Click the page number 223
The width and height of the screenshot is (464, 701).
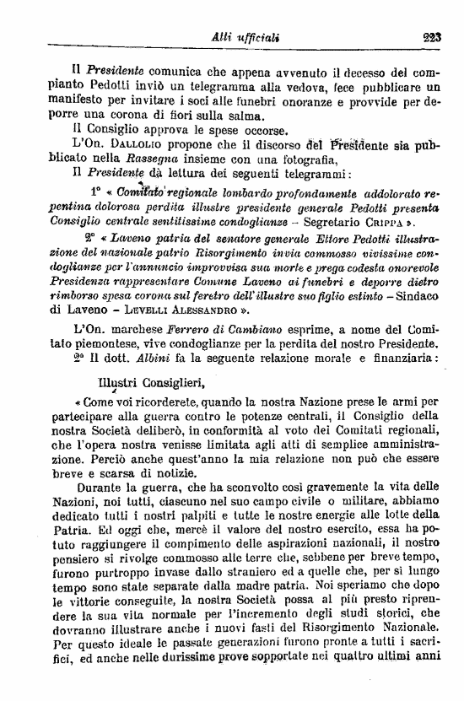click(439, 36)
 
